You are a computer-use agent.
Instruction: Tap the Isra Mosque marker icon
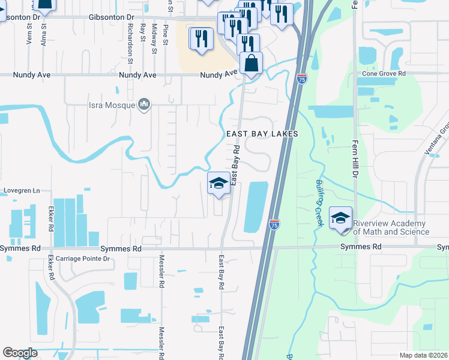point(143,106)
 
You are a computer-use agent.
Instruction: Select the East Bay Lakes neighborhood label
point(262,134)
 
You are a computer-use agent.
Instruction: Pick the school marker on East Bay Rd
point(218,184)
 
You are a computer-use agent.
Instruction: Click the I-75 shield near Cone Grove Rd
point(301,79)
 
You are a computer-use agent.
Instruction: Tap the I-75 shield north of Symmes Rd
point(274,224)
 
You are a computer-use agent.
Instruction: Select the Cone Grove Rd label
point(384,73)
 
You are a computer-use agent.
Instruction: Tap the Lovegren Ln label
point(22,191)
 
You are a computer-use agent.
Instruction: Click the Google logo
point(20,353)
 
